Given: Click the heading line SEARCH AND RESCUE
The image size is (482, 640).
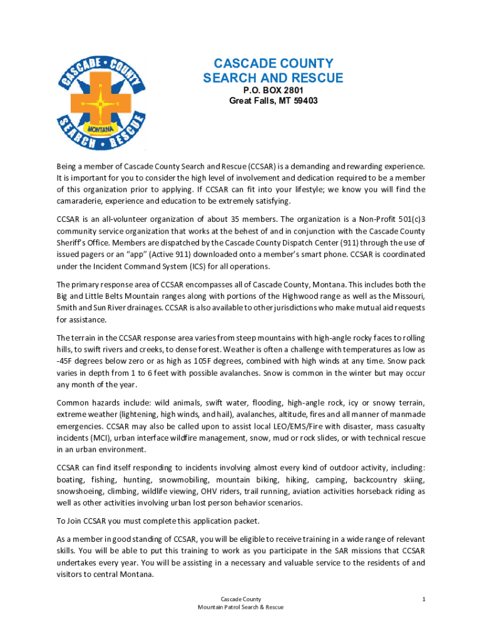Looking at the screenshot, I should point(273,78).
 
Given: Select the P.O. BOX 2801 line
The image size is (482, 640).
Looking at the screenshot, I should point(273,90).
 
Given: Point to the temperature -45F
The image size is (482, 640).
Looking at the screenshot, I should point(66,361).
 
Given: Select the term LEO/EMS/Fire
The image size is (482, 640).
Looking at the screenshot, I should point(294,426).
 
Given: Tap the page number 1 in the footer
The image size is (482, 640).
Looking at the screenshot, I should point(424,599).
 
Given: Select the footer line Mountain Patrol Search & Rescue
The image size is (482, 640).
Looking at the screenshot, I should point(241,607).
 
